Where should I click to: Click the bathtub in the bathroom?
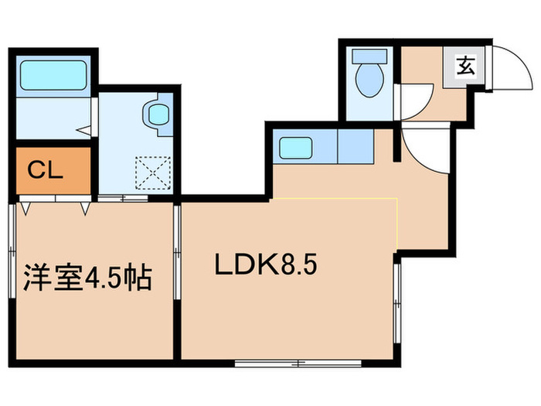coord(53,76)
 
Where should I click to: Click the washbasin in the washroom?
coord(157,115)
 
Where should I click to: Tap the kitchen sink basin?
coord(294,146)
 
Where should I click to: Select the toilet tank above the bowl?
coord(368,56)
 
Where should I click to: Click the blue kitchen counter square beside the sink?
coord(353,145)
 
